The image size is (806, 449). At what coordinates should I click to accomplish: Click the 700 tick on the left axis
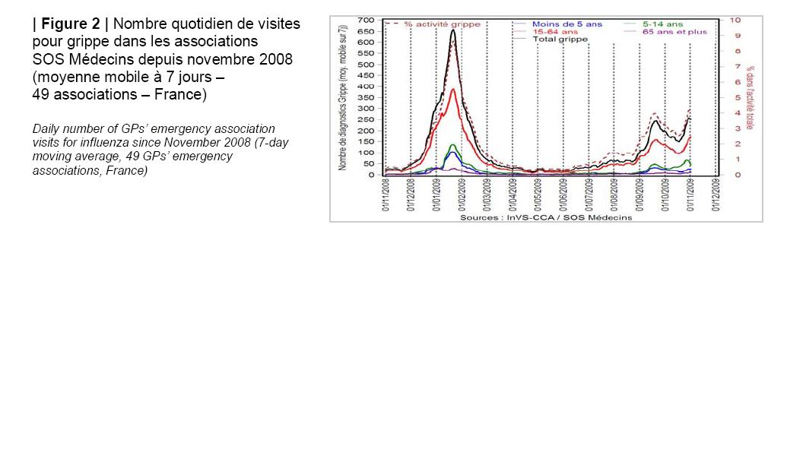click(367, 20)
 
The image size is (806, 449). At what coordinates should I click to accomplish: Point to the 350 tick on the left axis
click(367, 97)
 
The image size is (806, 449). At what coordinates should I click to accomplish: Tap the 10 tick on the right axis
click(735, 20)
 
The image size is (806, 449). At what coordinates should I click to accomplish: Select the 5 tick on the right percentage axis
click(737, 97)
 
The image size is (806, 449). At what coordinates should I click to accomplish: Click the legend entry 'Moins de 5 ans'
click(567, 24)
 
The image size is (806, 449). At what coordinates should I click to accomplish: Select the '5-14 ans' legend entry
click(662, 24)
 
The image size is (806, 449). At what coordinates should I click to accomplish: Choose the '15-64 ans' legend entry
click(556, 32)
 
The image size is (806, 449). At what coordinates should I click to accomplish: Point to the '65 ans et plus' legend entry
click(674, 32)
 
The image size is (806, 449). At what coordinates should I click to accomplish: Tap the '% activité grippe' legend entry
click(442, 24)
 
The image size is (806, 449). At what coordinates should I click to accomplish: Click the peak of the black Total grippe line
click(453, 30)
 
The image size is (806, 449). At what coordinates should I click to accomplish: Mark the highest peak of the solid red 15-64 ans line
click(453, 90)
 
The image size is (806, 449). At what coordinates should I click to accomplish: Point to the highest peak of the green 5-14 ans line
click(453, 144)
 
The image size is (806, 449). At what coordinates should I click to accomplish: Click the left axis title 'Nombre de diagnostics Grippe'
click(344, 97)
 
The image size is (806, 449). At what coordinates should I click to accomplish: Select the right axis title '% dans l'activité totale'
click(750, 97)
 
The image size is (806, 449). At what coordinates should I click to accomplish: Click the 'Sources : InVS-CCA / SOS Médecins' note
click(546, 217)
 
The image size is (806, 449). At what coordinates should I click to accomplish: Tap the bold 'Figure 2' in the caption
click(71, 24)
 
